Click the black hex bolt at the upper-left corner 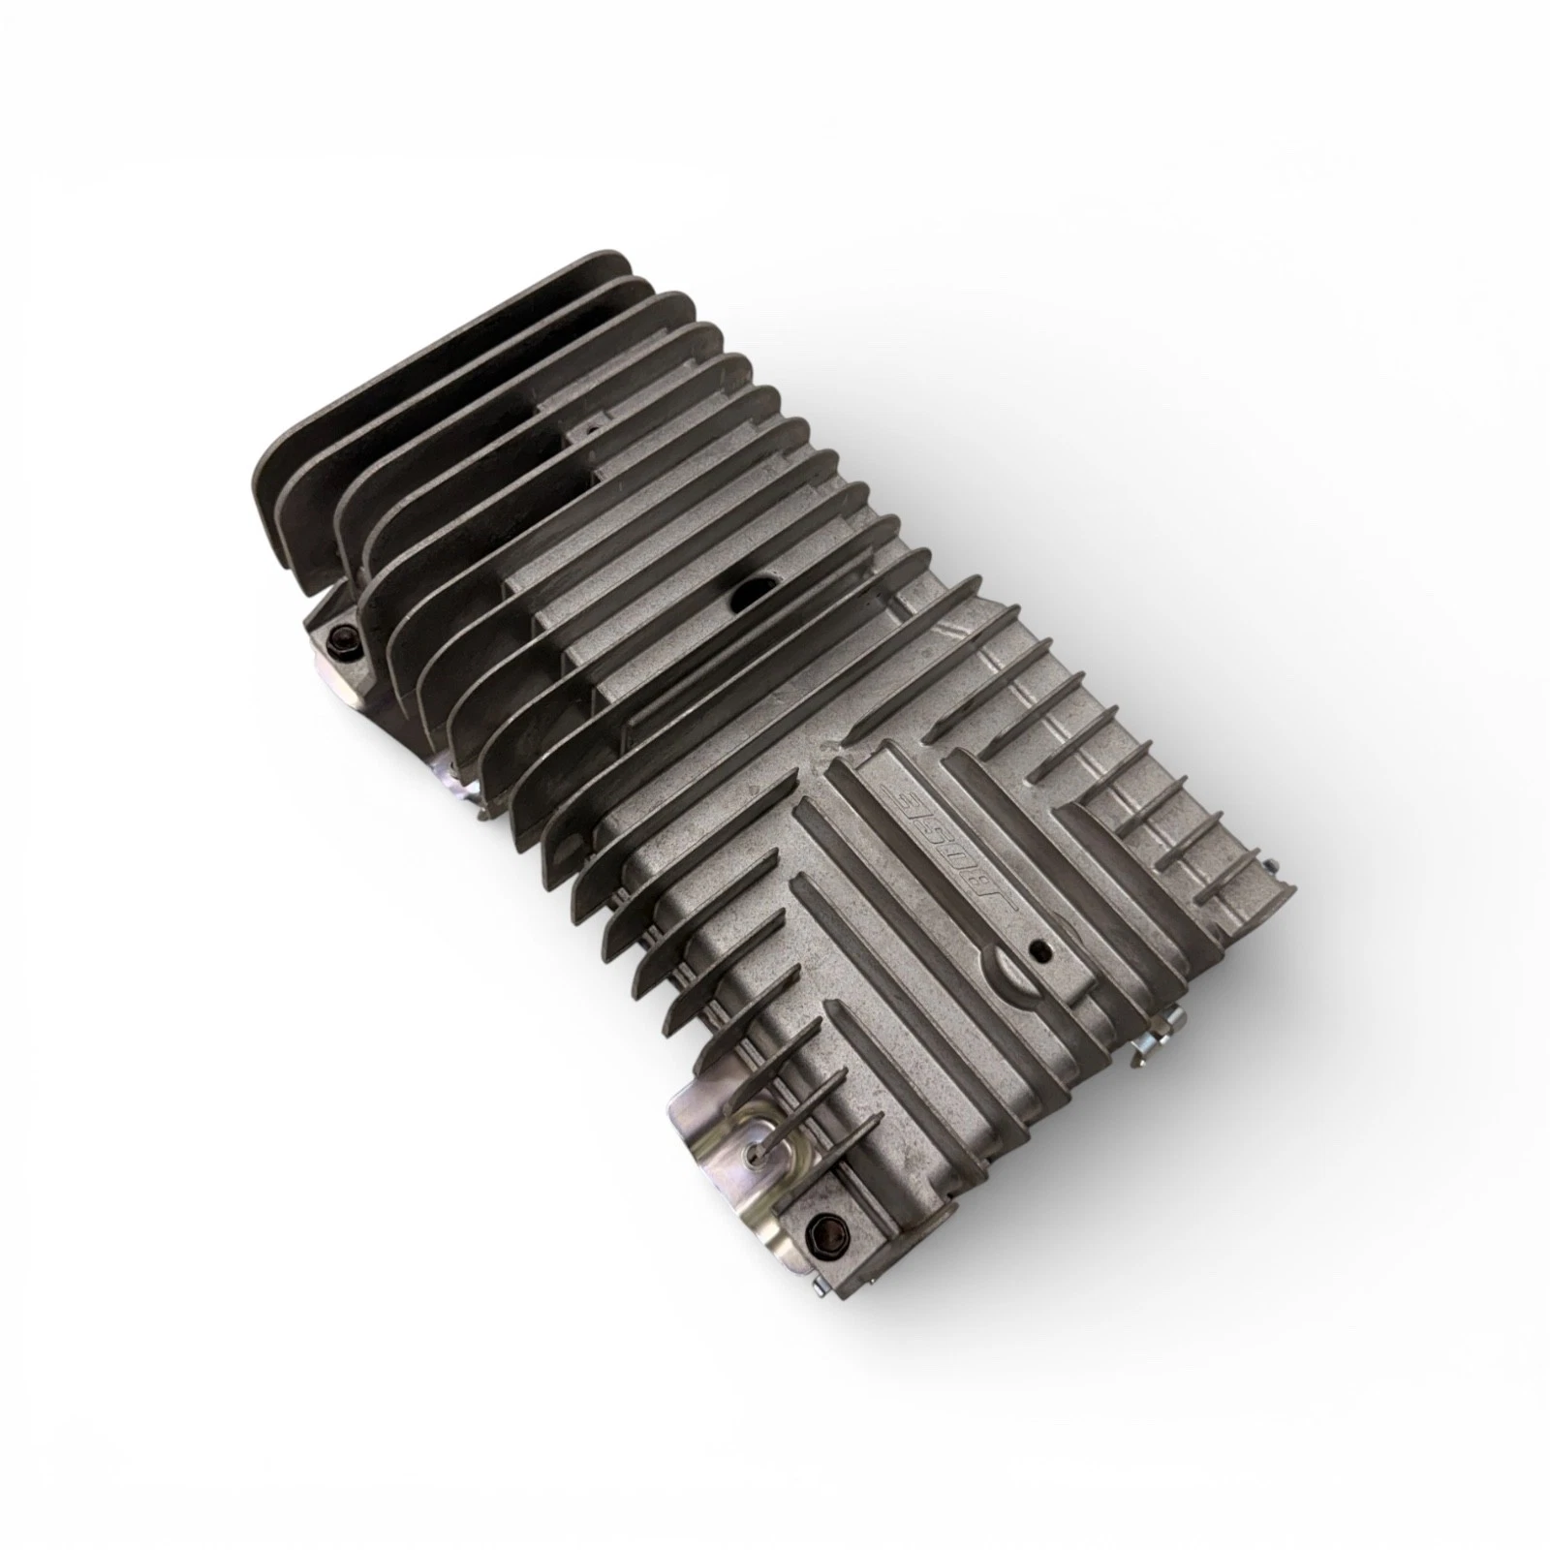point(344,635)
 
